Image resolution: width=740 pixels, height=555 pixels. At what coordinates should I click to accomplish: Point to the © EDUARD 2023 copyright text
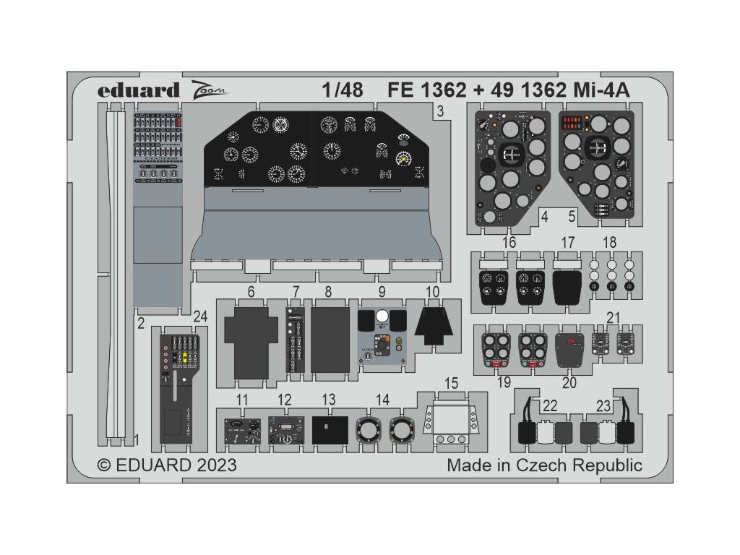167,465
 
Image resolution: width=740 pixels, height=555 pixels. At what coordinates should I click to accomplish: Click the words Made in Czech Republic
544,465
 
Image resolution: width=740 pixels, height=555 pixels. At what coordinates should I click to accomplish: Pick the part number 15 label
452,382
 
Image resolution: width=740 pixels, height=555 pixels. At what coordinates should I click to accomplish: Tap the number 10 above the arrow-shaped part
433,292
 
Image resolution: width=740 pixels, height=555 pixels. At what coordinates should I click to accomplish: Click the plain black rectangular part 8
329,338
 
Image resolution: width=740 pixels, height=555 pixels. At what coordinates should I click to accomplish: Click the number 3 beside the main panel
440,111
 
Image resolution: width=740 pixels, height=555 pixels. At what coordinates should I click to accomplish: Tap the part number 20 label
569,382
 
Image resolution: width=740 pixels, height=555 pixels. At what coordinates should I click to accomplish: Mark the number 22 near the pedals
550,406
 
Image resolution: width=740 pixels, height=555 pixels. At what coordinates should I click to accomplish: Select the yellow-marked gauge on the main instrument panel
403,159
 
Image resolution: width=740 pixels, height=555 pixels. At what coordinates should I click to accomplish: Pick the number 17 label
567,243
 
